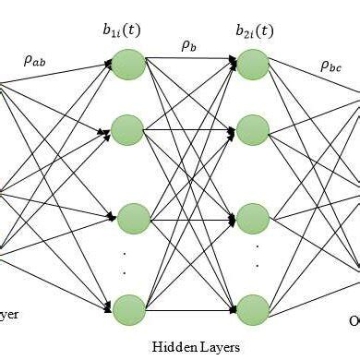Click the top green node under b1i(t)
tap(130, 64)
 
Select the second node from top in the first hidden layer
tap(130, 129)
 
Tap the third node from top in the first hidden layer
tap(130, 220)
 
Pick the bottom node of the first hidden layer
tap(130, 306)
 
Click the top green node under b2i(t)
tap(252, 64)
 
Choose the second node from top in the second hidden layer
tap(252, 129)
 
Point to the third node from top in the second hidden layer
tap(252, 220)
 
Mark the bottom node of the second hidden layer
tap(252, 306)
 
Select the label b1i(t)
tap(130, 32)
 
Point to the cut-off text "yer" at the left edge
tap(8, 313)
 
